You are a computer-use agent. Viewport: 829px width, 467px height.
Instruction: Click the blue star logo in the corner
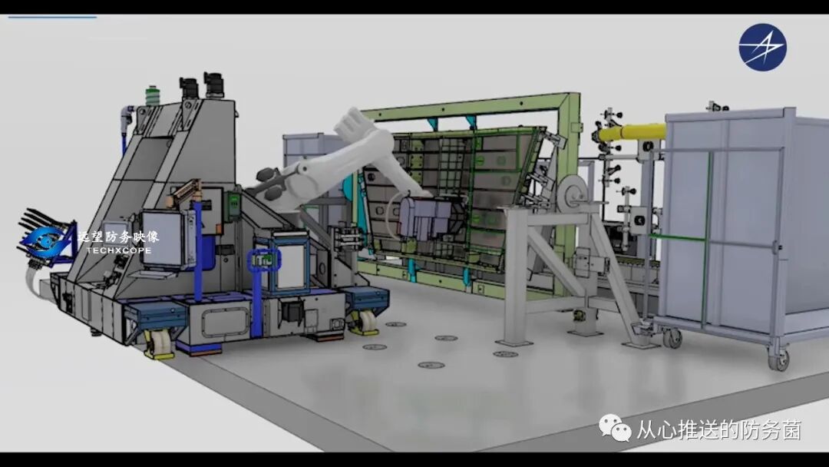(762, 47)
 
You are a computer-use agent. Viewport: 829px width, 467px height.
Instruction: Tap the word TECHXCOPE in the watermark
(118, 250)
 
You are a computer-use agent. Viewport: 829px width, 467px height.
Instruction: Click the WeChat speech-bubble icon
(615, 428)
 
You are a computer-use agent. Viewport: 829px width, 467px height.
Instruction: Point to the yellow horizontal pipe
(632, 131)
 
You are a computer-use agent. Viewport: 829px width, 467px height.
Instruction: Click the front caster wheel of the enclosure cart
(779, 359)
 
